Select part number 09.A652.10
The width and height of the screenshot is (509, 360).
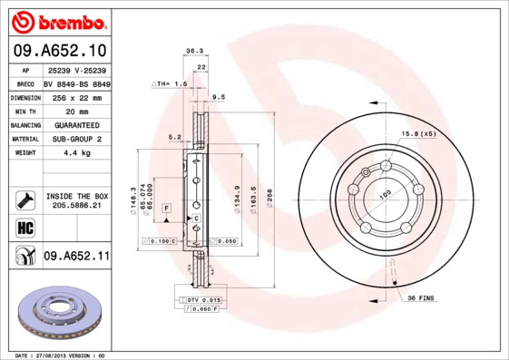coord(59,50)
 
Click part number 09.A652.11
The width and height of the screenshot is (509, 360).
coord(76,257)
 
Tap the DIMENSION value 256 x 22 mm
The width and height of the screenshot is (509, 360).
coord(76,97)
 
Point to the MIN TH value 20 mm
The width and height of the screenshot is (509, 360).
coord(76,111)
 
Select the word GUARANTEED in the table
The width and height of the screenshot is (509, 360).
coord(76,124)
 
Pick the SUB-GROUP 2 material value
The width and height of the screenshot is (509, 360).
coord(76,139)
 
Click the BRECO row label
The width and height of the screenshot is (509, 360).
coord(26,83)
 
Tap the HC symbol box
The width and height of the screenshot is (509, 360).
coord(25,226)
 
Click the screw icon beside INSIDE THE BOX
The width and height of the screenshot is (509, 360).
coord(25,199)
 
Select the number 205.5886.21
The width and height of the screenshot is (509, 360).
coord(76,206)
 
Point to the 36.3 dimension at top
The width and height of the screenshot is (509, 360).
coord(193,52)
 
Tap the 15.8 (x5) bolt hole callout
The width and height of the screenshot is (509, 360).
coord(419,134)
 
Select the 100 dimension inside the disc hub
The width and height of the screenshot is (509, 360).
coord(384,194)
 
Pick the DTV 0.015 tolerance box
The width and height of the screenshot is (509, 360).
coord(203,299)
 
